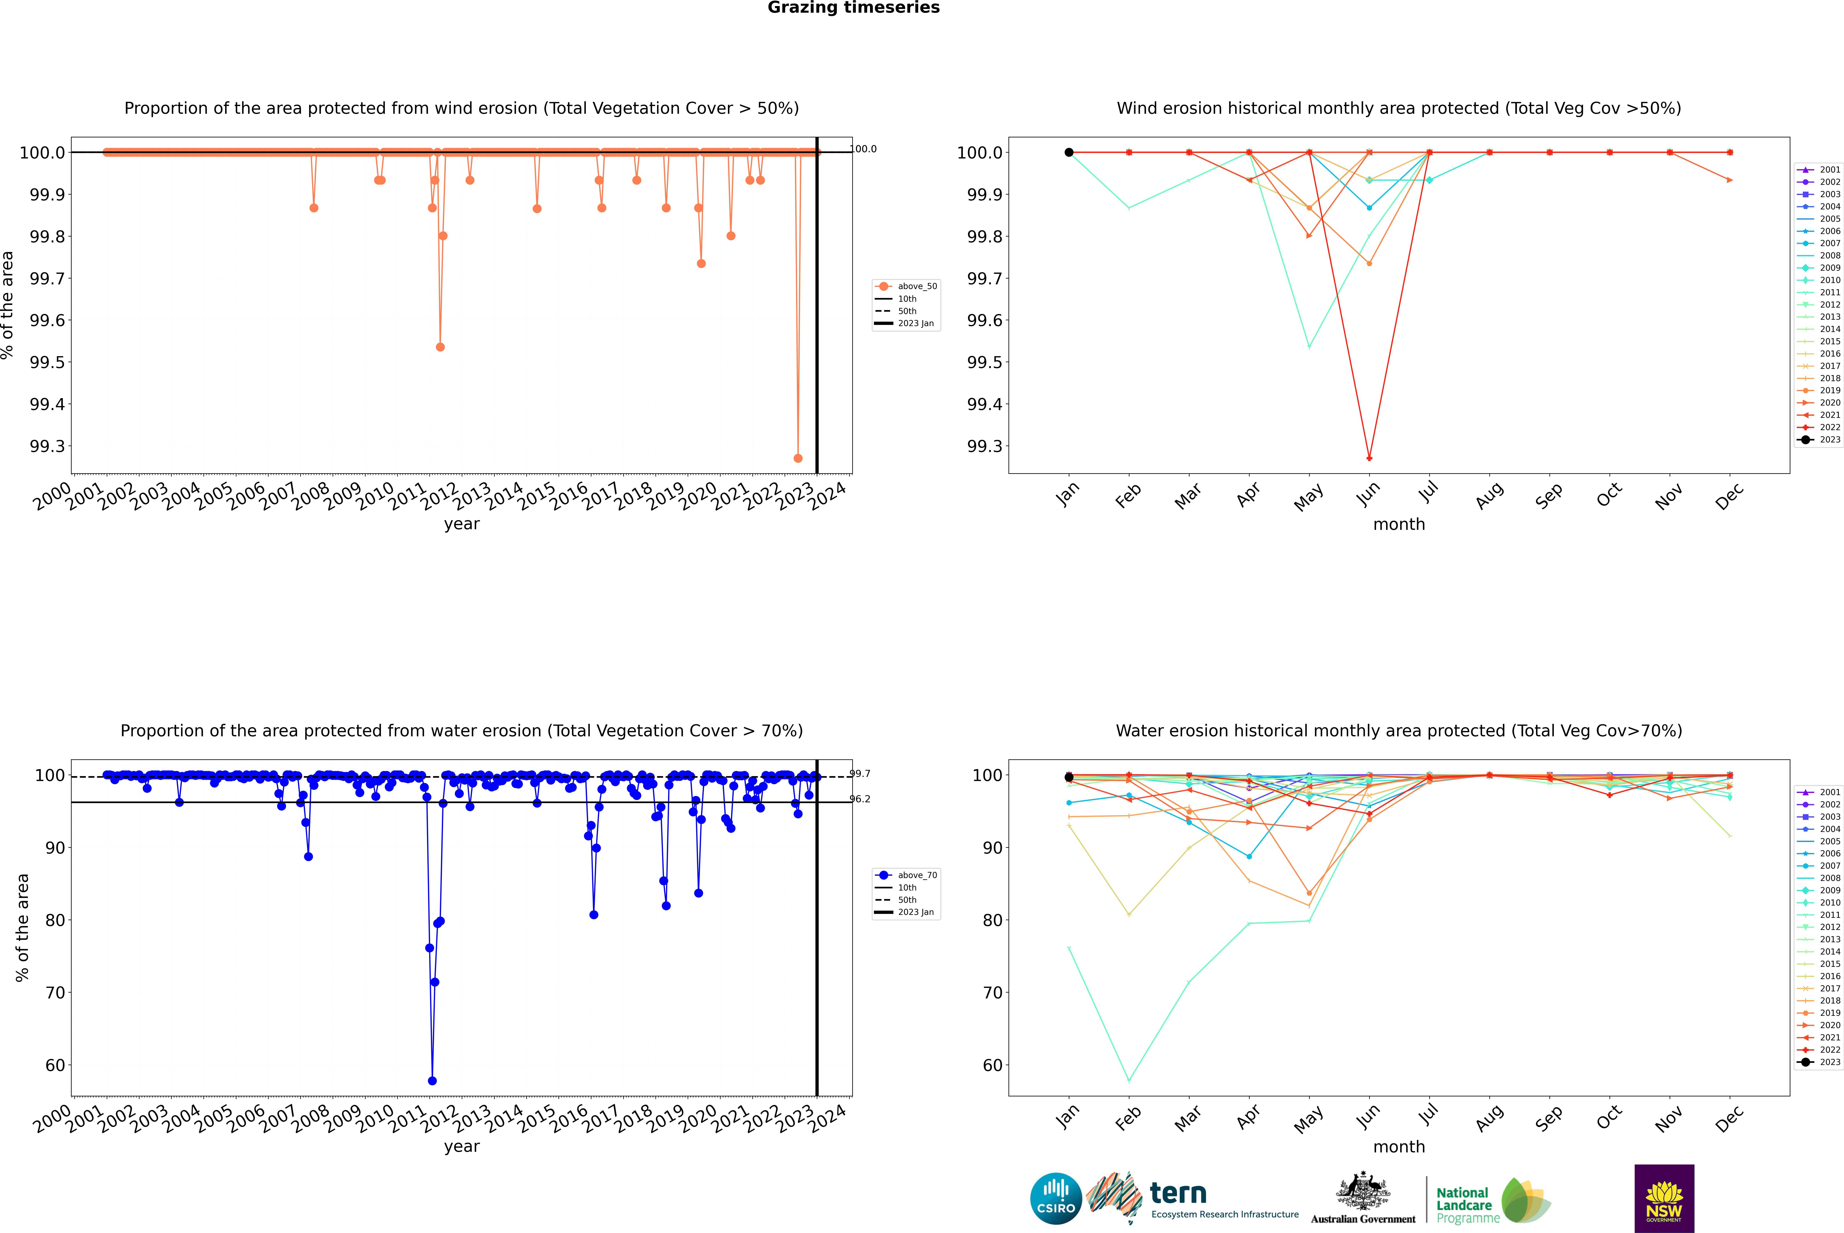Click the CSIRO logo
[x=1056, y=1198]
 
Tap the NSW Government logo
[x=1664, y=1198]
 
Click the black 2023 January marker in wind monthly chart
[x=1069, y=153]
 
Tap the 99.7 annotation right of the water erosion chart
[x=860, y=774]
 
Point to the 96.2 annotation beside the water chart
[x=860, y=799]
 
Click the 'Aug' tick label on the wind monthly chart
[x=1490, y=495]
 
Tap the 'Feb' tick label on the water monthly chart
[x=1129, y=1117]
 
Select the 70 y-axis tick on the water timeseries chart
[x=55, y=992]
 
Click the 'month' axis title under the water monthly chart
[x=1398, y=1147]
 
